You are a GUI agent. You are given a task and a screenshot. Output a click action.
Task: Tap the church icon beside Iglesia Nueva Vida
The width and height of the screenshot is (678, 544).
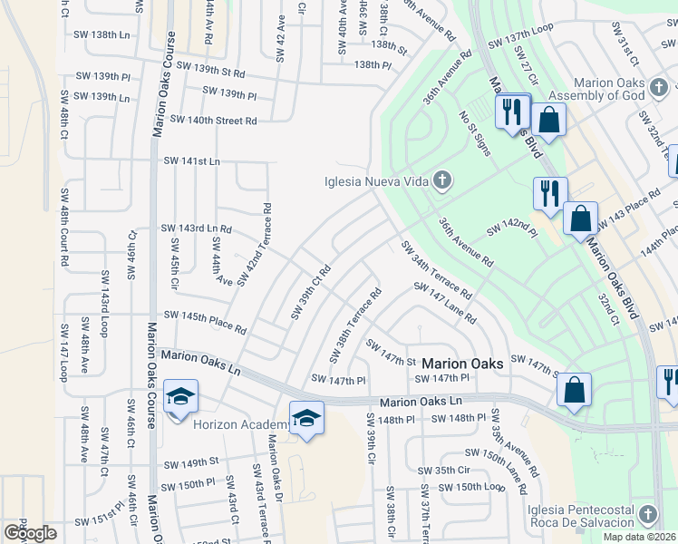pyautogui.click(x=442, y=180)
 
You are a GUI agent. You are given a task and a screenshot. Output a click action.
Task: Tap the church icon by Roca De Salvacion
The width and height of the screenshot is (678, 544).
pyautogui.click(x=647, y=514)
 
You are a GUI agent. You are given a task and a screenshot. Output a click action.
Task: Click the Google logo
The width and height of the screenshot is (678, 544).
pyautogui.click(x=30, y=533)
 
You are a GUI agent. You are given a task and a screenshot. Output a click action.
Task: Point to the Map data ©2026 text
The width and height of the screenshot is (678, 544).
pyautogui.click(x=640, y=537)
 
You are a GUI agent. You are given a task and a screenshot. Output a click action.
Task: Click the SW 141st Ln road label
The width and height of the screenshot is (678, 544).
pyautogui.click(x=191, y=160)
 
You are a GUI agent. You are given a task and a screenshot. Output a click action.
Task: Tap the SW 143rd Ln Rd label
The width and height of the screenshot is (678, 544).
pyautogui.click(x=196, y=228)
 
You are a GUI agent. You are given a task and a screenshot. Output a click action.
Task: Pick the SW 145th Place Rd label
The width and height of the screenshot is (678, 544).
pyautogui.click(x=205, y=320)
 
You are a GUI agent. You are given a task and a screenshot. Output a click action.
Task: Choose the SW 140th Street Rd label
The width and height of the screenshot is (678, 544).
pyautogui.click(x=213, y=120)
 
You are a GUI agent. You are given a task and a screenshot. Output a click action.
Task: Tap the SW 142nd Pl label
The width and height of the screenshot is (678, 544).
pyautogui.click(x=512, y=232)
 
